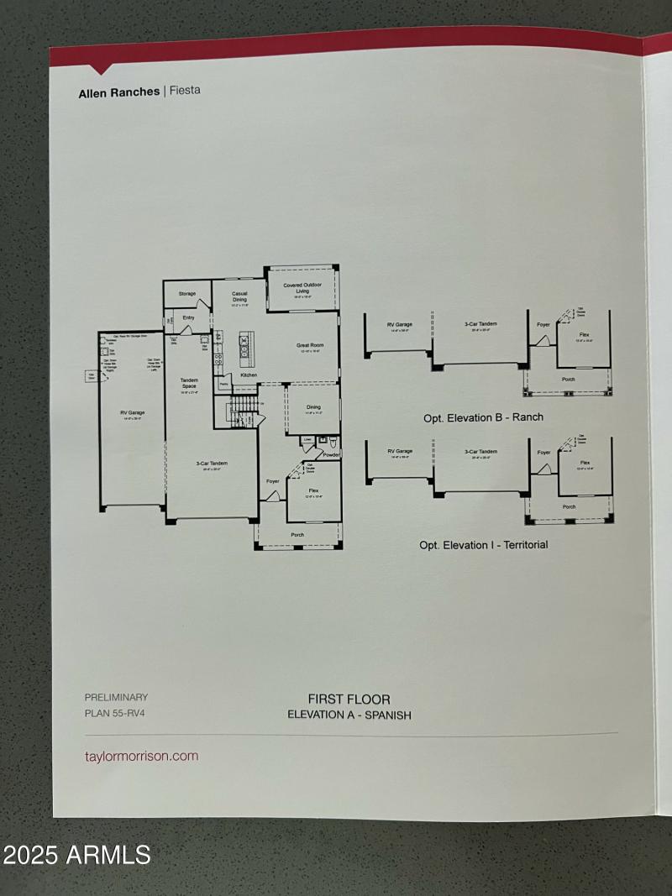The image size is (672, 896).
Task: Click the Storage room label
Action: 186,294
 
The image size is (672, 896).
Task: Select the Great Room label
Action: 310,344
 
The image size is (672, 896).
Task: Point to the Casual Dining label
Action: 239,296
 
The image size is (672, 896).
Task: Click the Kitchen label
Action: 249,375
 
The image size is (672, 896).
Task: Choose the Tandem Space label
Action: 189,383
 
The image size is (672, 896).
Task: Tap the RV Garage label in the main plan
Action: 133,413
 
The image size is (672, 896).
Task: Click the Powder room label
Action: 331,454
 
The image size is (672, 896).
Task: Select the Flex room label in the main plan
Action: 313,490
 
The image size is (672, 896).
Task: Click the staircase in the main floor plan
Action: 243,411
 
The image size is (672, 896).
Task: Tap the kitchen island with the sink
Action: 247,344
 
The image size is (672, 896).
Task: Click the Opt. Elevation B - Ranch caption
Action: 483,417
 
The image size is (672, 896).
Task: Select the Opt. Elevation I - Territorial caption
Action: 483,545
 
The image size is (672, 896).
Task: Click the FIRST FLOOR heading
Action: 349,699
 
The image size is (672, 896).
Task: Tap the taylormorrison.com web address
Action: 142,756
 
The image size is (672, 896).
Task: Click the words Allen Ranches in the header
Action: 118,92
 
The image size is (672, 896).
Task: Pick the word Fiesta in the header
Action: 185,91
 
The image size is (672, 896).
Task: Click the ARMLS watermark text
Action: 76,856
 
